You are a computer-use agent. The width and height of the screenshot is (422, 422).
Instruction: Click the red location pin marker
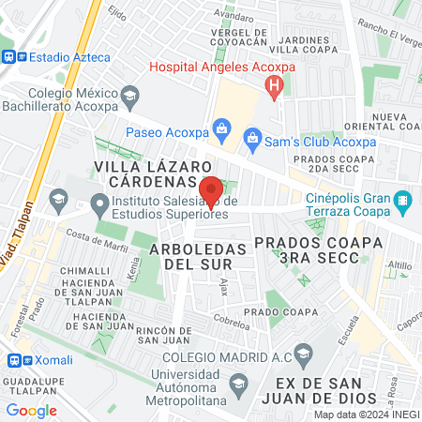coord(211,190)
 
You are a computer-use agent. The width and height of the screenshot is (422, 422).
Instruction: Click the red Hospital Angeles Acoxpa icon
coord(274,88)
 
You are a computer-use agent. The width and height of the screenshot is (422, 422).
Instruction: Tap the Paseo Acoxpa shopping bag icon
coord(221,127)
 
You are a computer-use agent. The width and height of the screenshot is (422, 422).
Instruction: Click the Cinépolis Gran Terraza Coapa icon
coord(402,200)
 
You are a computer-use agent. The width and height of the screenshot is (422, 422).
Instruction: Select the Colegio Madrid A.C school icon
coord(302,354)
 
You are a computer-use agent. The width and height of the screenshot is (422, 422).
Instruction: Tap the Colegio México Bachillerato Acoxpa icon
coord(130,94)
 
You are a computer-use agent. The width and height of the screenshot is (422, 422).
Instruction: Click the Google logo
coord(31,410)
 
